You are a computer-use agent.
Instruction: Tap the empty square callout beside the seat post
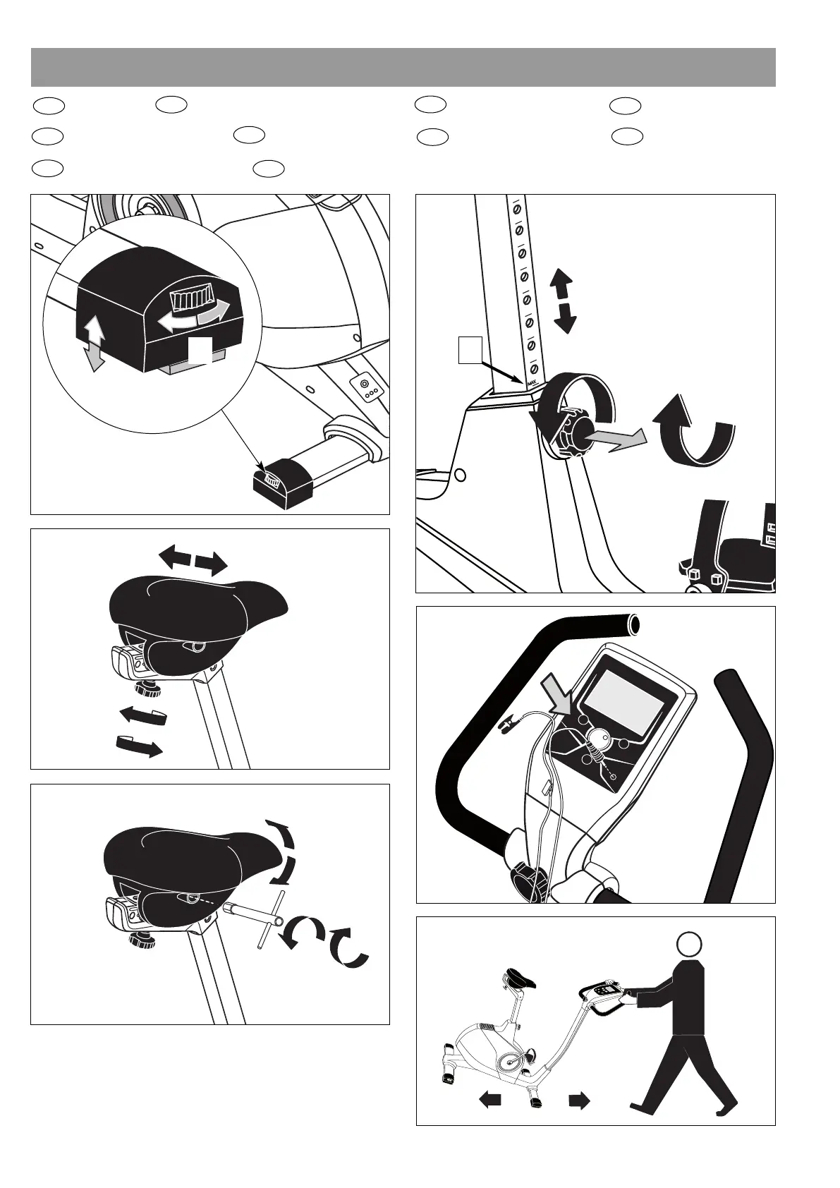470,350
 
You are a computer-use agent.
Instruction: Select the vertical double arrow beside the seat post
564,301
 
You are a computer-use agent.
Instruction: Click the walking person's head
689,944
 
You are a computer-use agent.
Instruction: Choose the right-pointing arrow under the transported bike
579,1101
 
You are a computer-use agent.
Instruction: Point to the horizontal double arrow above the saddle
193,561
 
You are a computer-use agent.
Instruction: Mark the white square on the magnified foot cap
199,351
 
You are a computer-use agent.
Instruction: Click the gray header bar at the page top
403,67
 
